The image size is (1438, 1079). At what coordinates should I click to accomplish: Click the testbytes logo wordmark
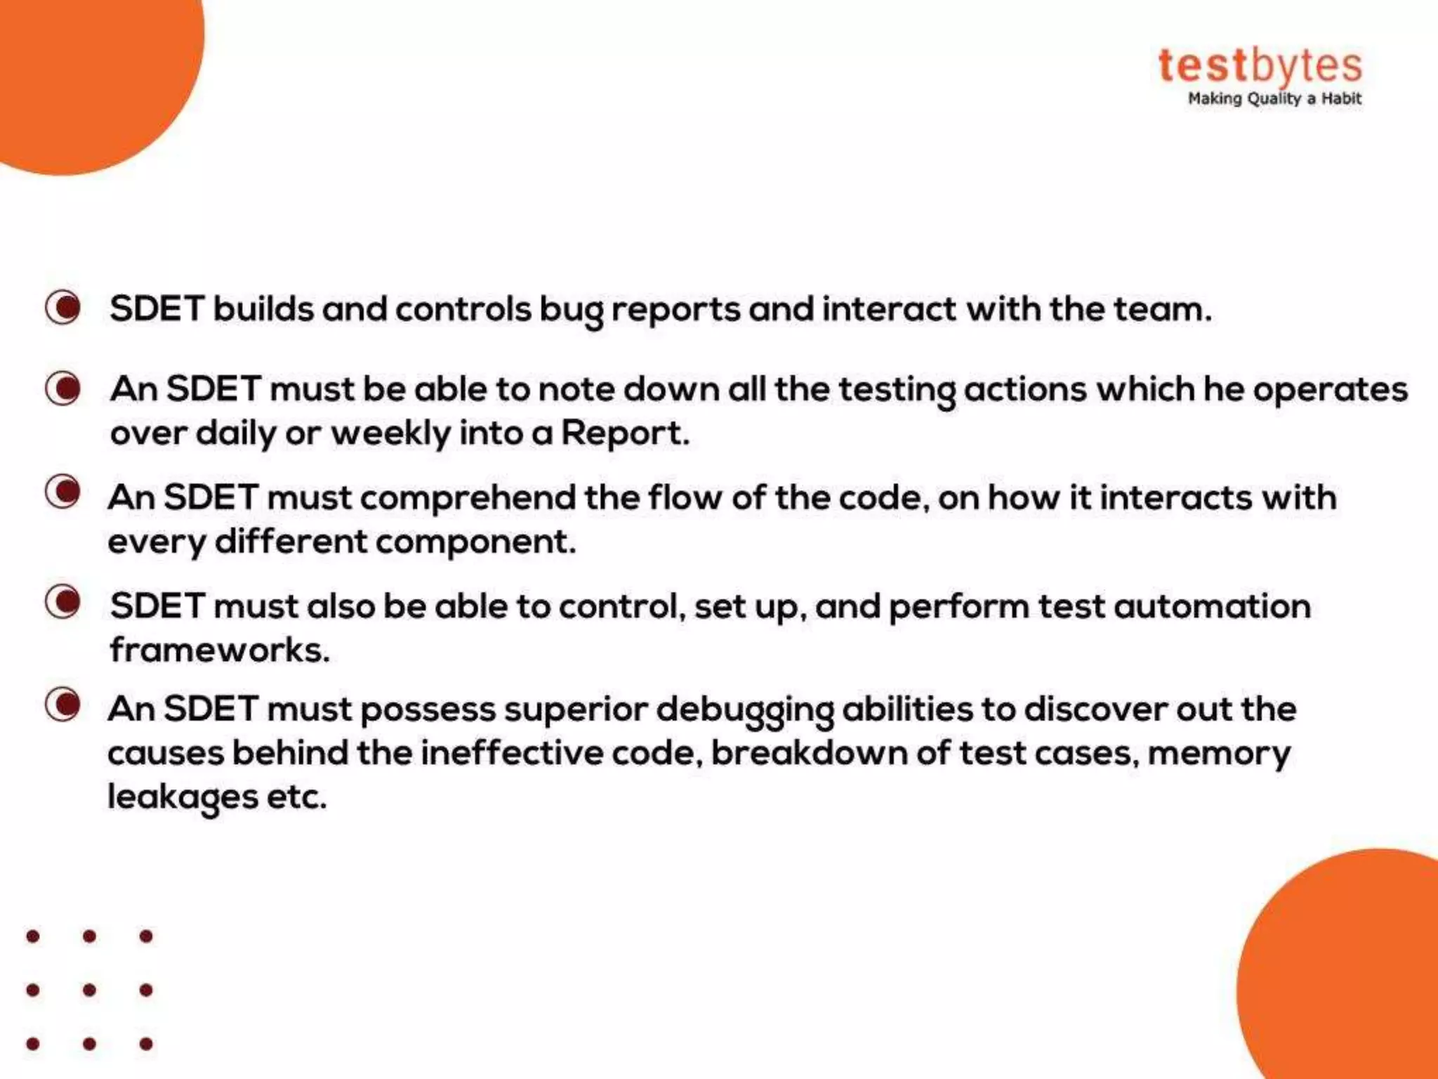(1260, 66)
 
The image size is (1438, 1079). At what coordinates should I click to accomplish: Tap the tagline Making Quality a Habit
(1274, 99)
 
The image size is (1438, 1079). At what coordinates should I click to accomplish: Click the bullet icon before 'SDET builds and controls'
(63, 308)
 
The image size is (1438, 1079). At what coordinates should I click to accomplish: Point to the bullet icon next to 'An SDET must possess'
(63, 705)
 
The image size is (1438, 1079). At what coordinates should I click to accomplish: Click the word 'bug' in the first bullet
(571, 310)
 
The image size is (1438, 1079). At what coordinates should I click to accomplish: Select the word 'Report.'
(625, 433)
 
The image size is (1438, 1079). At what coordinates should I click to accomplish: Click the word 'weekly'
(390, 433)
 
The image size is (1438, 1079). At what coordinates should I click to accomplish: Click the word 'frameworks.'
(220, 650)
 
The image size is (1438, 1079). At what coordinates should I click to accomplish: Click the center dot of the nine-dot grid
(89, 990)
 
